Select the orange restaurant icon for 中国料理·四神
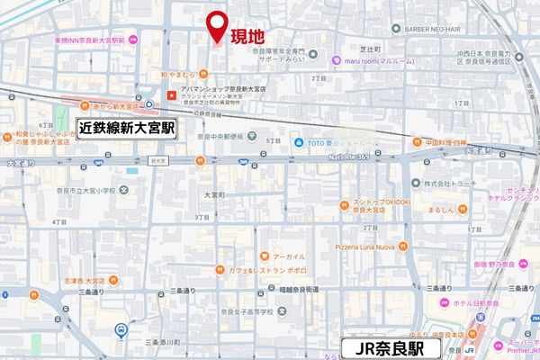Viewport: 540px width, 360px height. point(417,141)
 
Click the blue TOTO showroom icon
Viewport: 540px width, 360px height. point(296,142)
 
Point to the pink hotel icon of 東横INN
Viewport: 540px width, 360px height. point(132,40)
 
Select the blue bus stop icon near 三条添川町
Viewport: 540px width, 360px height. point(121,329)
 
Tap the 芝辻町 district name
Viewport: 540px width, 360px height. point(370,48)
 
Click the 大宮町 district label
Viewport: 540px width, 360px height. point(214,194)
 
